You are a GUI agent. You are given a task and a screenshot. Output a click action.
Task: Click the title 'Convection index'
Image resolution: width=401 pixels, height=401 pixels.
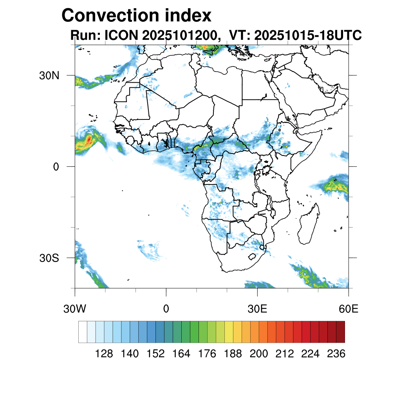pos(136,16)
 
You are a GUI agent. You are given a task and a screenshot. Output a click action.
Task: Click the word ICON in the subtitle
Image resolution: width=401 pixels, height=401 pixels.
pos(120,36)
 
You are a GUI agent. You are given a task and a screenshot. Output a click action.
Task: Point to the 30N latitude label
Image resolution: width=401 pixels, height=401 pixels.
pos(49,75)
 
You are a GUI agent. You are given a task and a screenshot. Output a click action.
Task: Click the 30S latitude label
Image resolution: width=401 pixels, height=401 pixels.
pos(49,258)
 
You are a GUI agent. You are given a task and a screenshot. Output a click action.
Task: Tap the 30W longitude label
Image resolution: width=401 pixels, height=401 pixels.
pos(74,309)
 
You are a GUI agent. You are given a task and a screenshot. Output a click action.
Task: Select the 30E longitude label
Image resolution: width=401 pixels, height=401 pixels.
pos(257,309)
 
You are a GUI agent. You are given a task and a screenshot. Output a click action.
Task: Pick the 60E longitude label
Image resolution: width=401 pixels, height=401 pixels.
pos(349,309)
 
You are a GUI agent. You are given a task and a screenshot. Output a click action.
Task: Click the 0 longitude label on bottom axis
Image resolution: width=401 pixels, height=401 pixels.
pos(166,309)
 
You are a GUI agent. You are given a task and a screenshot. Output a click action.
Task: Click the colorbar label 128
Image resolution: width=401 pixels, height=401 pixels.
pos(104,354)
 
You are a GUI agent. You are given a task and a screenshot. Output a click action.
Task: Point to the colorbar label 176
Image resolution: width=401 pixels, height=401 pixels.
pos(207,354)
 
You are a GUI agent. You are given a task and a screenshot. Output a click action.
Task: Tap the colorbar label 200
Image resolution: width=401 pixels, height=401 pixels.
pos(259,354)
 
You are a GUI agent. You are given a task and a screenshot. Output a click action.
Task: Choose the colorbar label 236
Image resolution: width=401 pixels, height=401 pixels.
pos(336,354)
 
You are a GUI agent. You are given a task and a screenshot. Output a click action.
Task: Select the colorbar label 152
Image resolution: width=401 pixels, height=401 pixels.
pos(155,354)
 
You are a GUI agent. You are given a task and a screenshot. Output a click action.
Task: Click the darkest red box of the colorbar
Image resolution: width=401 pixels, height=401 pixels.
pos(340,332)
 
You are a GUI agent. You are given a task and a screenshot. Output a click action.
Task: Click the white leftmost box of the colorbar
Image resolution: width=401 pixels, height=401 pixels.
pos(83,332)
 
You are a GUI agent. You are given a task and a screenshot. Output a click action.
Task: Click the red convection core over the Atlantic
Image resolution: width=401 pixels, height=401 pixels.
pos(89,139)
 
